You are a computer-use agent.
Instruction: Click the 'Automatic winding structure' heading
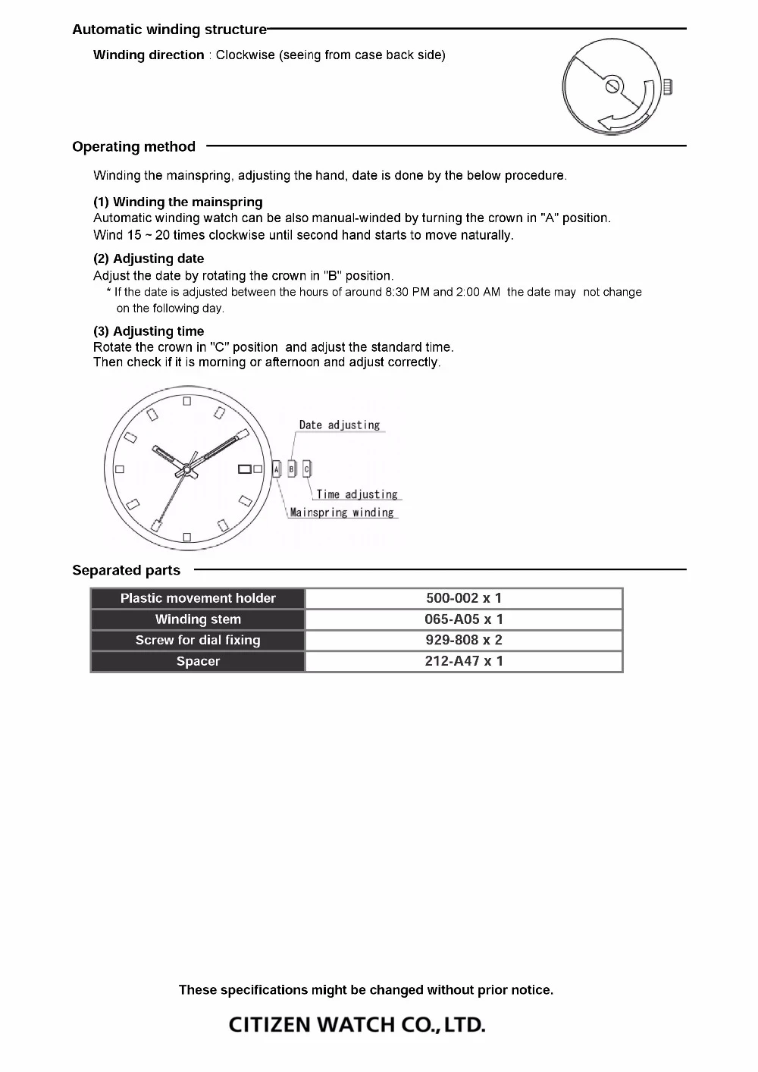coord(169,30)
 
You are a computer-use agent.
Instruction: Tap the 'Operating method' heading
coord(133,146)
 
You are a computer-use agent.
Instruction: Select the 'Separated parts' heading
coord(126,570)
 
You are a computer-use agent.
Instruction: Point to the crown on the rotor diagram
coord(668,86)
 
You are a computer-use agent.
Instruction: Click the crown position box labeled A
coord(277,470)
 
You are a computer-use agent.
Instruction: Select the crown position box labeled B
coord(292,470)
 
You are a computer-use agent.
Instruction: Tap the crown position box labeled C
coord(307,470)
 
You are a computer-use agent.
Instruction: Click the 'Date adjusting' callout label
coord(339,425)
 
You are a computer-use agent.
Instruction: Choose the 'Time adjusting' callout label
coord(357,494)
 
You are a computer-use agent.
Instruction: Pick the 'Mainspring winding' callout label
coord(342,512)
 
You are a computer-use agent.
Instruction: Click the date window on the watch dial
coord(245,469)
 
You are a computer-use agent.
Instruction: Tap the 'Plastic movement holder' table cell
coord(198,598)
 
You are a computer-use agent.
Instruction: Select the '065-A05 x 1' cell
coord(464,619)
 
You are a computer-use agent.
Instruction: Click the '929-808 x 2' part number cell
coord(464,640)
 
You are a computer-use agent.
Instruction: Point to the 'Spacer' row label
coord(198,661)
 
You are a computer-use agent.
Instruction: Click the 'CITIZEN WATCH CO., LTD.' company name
coord(357,1025)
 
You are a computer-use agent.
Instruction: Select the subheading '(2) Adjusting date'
coord(149,259)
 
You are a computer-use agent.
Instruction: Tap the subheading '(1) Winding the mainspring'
coord(177,202)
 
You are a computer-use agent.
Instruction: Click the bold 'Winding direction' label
coord(149,55)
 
